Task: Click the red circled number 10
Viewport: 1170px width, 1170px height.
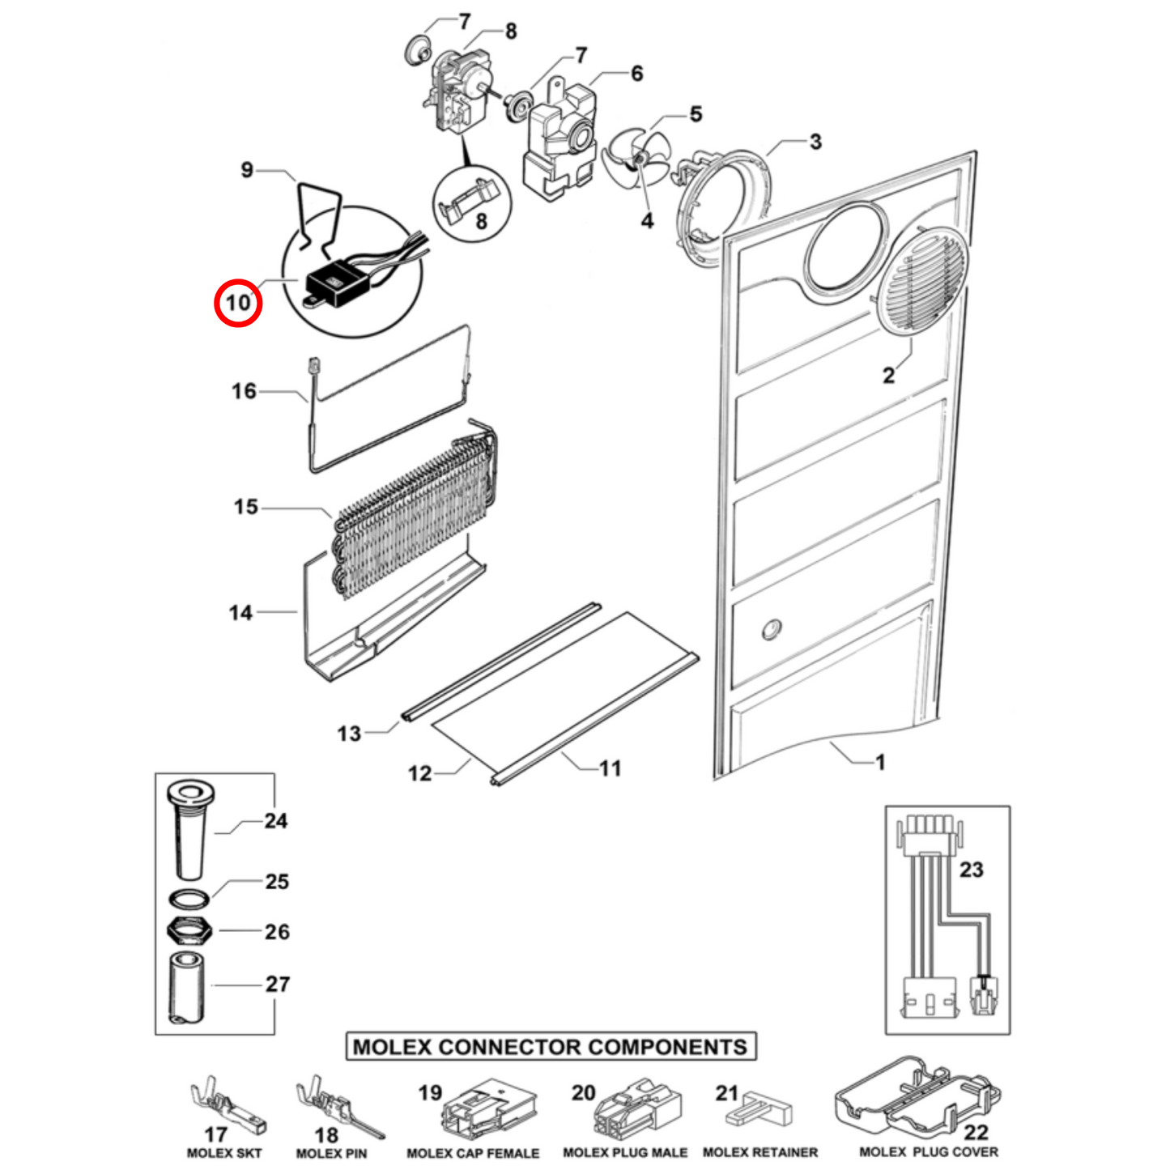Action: click(x=238, y=303)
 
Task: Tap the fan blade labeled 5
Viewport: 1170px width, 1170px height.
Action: click(x=636, y=159)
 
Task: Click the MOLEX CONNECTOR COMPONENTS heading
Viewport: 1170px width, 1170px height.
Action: click(x=551, y=1046)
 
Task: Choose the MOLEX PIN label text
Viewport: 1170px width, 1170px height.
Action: click(x=331, y=1153)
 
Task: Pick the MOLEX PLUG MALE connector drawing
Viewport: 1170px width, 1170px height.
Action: click(x=638, y=1108)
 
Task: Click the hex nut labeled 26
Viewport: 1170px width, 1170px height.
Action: click(x=189, y=931)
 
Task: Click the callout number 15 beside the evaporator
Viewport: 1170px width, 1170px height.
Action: click(x=245, y=507)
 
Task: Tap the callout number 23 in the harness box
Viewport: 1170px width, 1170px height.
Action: click(x=971, y=870)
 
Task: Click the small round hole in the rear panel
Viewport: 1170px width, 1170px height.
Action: click(x=772, y=629)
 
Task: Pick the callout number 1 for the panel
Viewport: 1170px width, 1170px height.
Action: click(x=880, y=762)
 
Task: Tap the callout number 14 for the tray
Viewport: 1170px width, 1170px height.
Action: click(x=240, y=613)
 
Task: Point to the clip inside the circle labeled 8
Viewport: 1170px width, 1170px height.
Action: click(x=467, y=198)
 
